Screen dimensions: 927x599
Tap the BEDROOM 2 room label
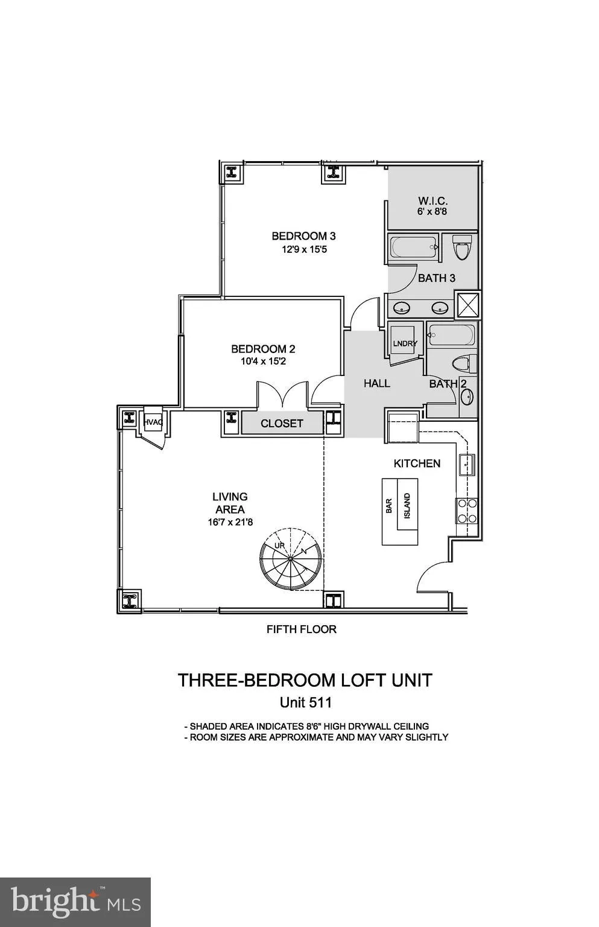(263, 349)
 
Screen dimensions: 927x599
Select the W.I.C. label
(433, 201)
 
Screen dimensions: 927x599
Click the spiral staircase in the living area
(290, 559)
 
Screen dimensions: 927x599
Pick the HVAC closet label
(153, 422)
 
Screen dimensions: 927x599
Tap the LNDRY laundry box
(405, 343)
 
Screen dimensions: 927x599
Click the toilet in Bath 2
(461, 363)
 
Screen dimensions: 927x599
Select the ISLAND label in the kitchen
(408, 506)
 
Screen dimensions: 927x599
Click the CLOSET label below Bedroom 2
(282, 424)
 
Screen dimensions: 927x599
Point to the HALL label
(376, 383)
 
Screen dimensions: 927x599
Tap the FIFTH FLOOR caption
(301, 629)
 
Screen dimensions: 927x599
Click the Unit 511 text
(306, 702)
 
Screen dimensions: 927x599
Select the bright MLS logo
(75, 902)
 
